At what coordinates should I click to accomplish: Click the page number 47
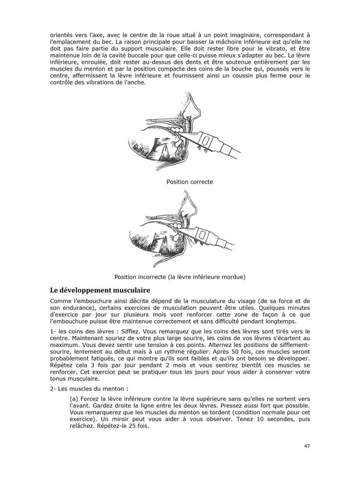[x=307, y=446]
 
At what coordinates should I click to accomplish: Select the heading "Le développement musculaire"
[x=100, y=290]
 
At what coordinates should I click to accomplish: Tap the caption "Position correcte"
[x=190, y=182]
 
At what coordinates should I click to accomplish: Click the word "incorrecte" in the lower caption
[x=152, y=277]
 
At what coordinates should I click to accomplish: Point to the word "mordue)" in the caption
[x=235, y=277]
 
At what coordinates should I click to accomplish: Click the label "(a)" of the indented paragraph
[x=74, y=399]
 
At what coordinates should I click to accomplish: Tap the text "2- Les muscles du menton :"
[x=89, y=389]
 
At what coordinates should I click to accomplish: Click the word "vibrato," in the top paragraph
[x=276, y=49]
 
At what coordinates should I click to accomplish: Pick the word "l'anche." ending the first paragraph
[x=134, y=82]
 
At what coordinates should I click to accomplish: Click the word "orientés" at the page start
[x=61, y=35]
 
